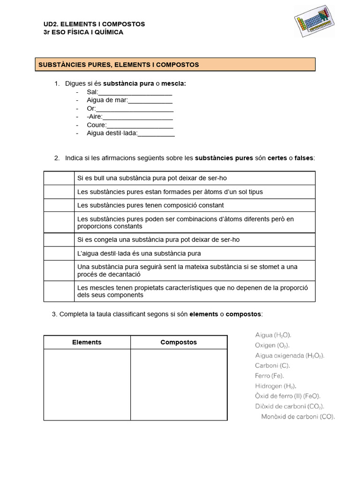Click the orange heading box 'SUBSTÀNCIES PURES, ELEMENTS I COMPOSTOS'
pyautogui.click(x=175, y=65)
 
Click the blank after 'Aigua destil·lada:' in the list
pyautogui.click(x=156, y=135)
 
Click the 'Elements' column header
pyautogui.click(x=87, y=342)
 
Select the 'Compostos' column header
pyautogui.click(x=179, y=342)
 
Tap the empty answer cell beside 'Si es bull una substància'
pyautogui.click(x=59, y=178)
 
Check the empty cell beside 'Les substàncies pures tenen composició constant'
pyautogui.click(x=59, y=205)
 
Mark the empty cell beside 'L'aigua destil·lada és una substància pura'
pyautogui.click(x=59, y=254)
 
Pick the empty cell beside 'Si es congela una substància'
pyautogui.click(x=59, y=240)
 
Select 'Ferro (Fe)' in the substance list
pyautogui.click(x=269, y=376)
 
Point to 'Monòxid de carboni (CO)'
pyautogui.click(x=298, y=417)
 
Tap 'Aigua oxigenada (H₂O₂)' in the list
pyautogui.click(x=289, y=356)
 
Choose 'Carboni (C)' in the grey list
pyautogui.click(x=272, y=366)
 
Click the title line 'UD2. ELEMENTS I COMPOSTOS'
pyautogui.click(x=94, y=24)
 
